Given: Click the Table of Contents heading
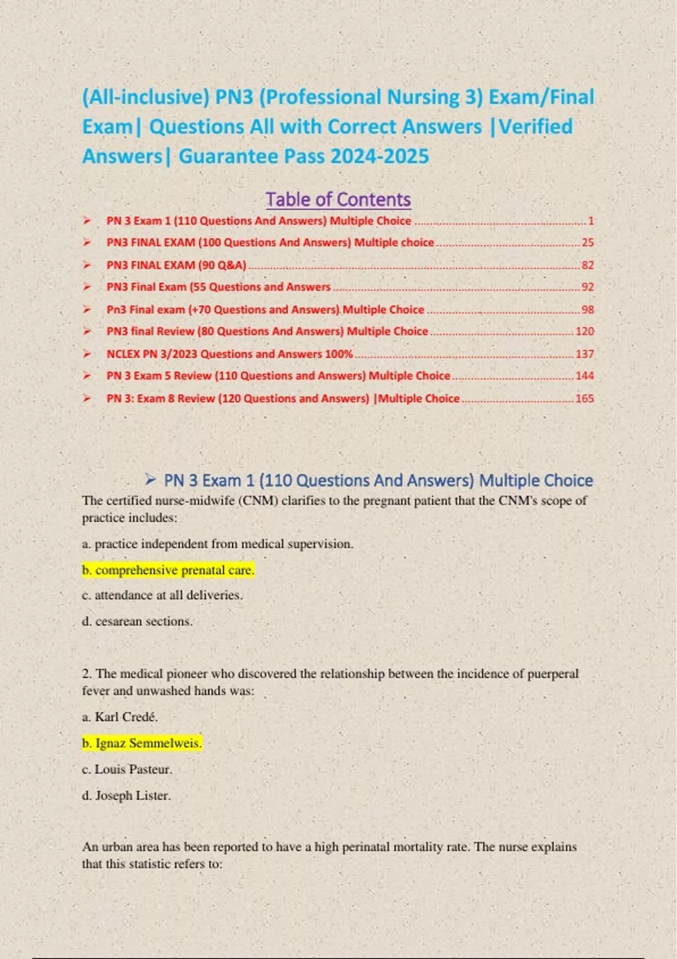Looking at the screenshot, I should click(x=338, y=199).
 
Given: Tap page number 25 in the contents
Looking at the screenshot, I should click(x=587, y=243).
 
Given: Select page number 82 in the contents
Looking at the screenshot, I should click(x=587, y=265).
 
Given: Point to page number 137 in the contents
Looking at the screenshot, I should click(x=584, y=354).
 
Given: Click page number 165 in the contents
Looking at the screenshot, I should click(x=584, y=398).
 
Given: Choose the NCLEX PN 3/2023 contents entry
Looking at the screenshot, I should click(x=229, y=354).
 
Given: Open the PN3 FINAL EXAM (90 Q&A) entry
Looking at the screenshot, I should click(x=176, y=265).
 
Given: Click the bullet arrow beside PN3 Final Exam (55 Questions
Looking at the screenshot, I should click(x=87, y=287).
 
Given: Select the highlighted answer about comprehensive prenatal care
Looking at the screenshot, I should click(x=168, y=570).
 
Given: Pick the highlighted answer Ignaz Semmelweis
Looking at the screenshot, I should click(x=142, y=744).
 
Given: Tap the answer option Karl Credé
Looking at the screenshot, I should click(x=120, y=717).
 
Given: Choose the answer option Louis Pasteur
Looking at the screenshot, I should click(x=127, y=769).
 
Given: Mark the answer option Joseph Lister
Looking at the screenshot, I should click(x=126, y=796).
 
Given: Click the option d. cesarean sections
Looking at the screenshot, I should click(x=137, y=622).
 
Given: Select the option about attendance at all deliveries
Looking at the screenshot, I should click(x=162, y=595).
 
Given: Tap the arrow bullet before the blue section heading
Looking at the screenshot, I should click(x=150, y=480).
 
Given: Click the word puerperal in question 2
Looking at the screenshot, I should click(x=552, y=674).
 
